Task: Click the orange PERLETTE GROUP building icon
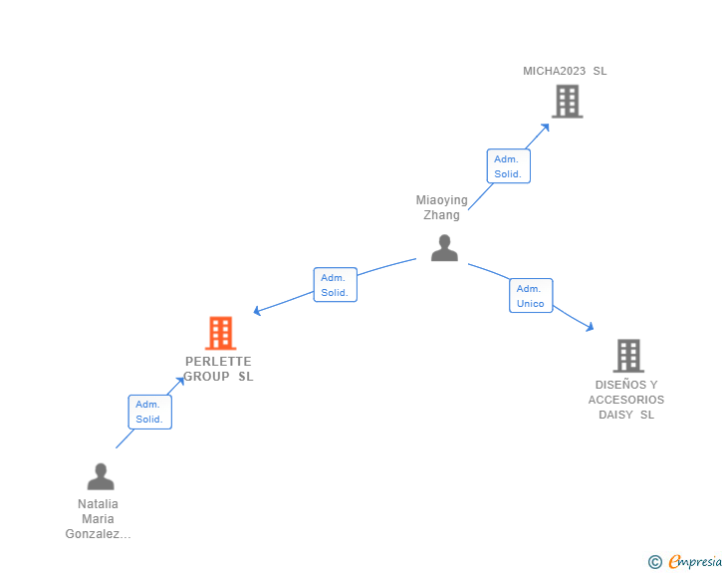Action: [x=220, y=333]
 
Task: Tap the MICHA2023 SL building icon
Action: [x=567, y=101]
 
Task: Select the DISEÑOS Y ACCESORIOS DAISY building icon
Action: [x=627, y=355]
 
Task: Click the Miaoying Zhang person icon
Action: [x=444, y=248]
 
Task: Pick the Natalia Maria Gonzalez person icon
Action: [x=101, y=476]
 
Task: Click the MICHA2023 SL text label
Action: [x=565, y=71]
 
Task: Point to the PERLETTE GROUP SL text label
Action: [x=218, y=369]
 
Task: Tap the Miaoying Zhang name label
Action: [x=441, y=207]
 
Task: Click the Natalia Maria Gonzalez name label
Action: [x=98, y=518]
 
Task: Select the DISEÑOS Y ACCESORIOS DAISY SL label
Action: [x=626, y=400]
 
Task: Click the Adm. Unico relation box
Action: [x=531, y=296]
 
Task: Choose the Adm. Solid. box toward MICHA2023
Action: [x=508, y=166]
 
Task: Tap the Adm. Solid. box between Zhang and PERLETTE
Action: [x=335, y=285]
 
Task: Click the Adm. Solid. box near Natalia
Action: [x=149, y=412]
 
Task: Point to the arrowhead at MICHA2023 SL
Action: [x=546, y=127]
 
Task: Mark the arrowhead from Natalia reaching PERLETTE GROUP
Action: [x=180, y=381]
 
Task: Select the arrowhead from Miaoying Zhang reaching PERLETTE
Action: [x=257, y=312]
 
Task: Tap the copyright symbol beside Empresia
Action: [x=655, y=562]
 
